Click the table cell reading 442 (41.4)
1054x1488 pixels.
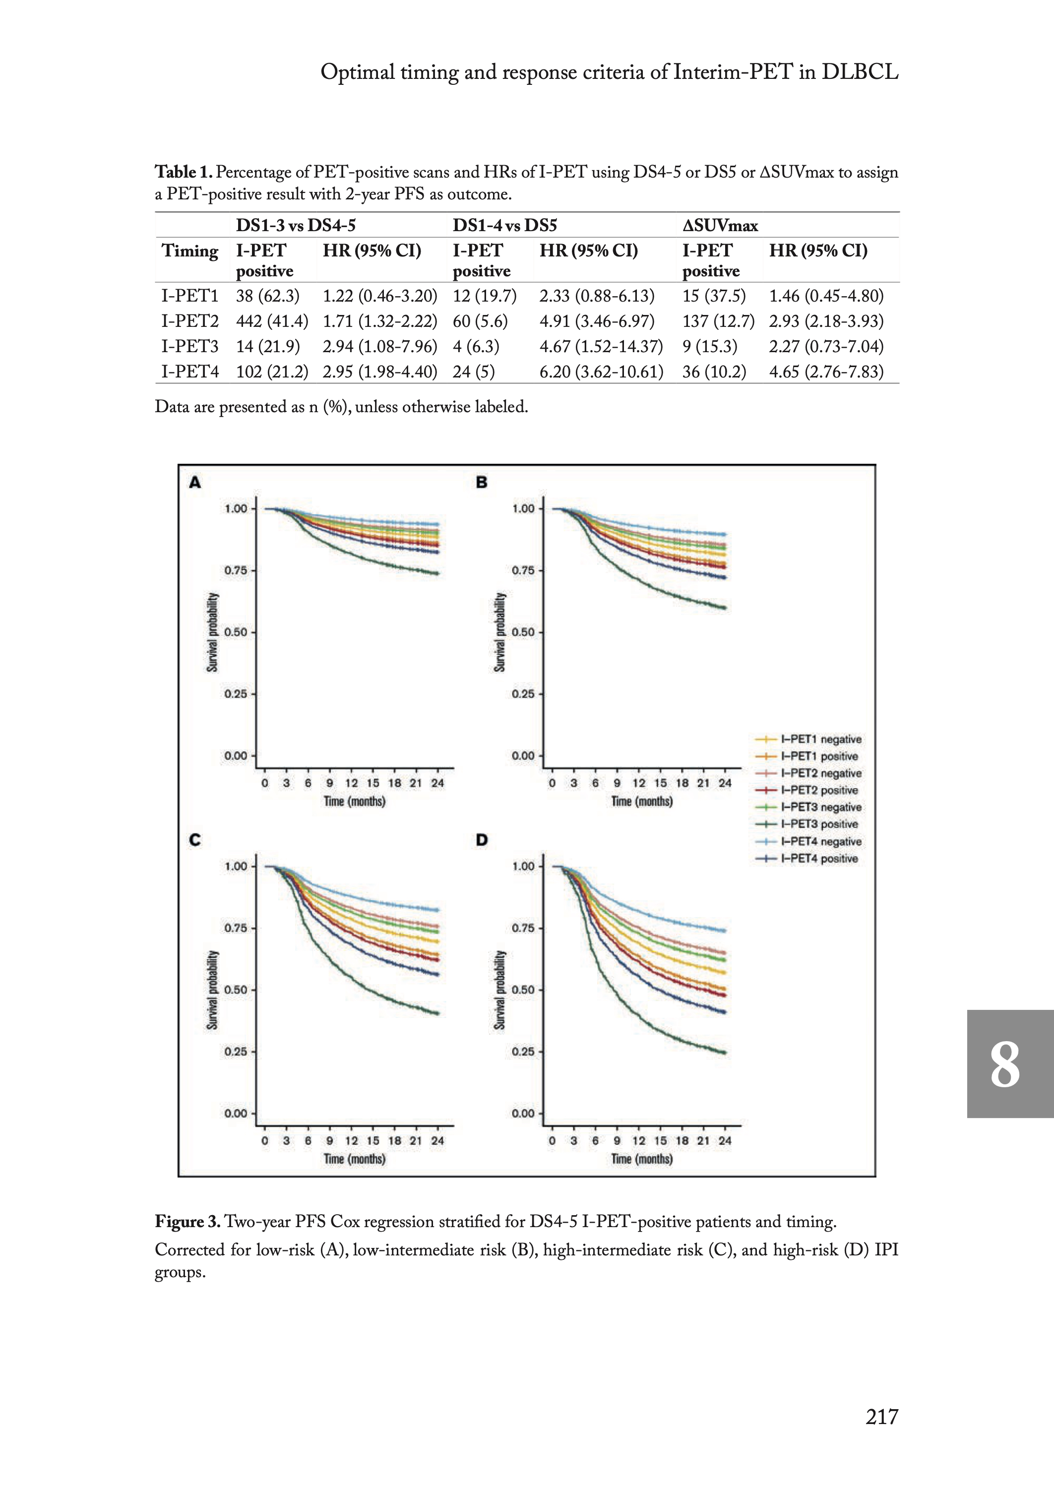click(x=272, y=321)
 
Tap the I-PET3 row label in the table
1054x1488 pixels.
click(x=189, y=347)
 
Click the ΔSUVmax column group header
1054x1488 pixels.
click(x=720, y=226)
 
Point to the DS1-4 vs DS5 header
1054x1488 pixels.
click(x=504, y=226)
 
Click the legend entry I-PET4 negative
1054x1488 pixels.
click(x=820, y=842)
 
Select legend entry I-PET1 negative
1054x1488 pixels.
click(x=820, y=740)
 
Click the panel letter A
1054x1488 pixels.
click(x=195, y=483)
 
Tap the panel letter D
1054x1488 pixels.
click(x=482, y=840)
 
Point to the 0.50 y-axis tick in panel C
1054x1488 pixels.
click(x=236, y=990)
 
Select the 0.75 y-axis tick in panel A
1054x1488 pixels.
click(x=236, y=570)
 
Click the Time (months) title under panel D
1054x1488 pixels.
click(x=642, y=1159)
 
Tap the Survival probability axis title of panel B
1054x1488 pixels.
click(x=500, y=631)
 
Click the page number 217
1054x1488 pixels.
click(x=881, y=1416)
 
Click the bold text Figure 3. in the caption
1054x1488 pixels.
click(x=187, y=1222)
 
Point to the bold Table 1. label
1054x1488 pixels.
click(x=184, y=172)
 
